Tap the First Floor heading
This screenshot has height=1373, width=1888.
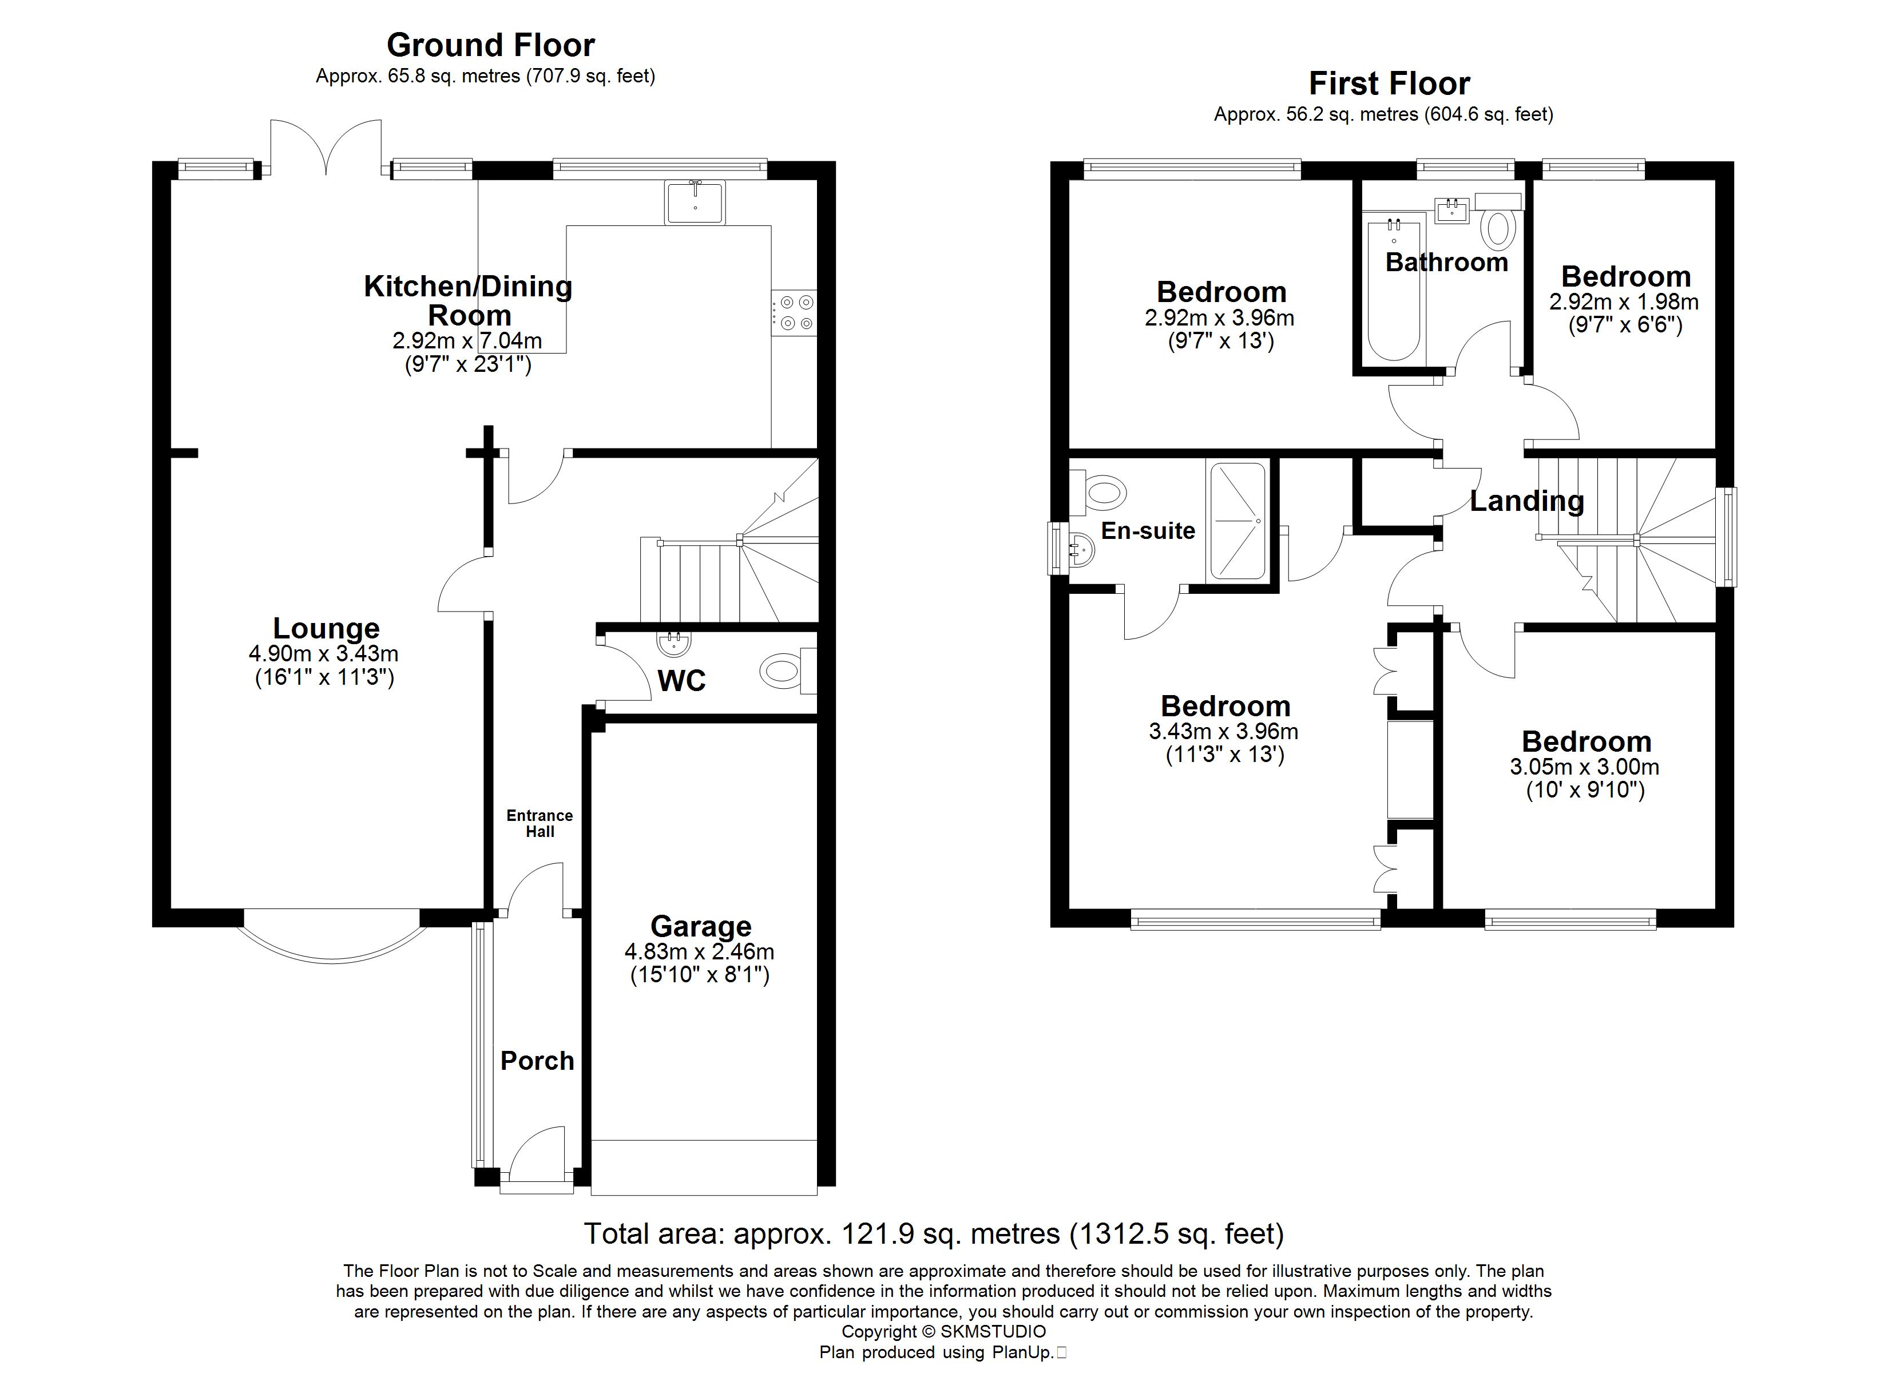point(1389,84)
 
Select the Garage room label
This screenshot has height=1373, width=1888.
point(701,926)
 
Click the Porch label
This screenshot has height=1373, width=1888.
point(538,1061)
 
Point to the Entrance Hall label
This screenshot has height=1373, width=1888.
point(540,823)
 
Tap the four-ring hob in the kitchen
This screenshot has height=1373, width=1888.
point(794,312)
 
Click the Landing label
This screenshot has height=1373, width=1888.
point(1527,501)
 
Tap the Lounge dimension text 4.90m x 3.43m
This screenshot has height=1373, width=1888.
point(324,654)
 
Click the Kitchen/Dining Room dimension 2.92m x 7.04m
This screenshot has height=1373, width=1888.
point(468,340)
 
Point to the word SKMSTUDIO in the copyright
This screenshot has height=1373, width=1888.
point(993,1331)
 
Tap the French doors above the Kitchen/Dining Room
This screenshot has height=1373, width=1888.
point(326,148)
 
